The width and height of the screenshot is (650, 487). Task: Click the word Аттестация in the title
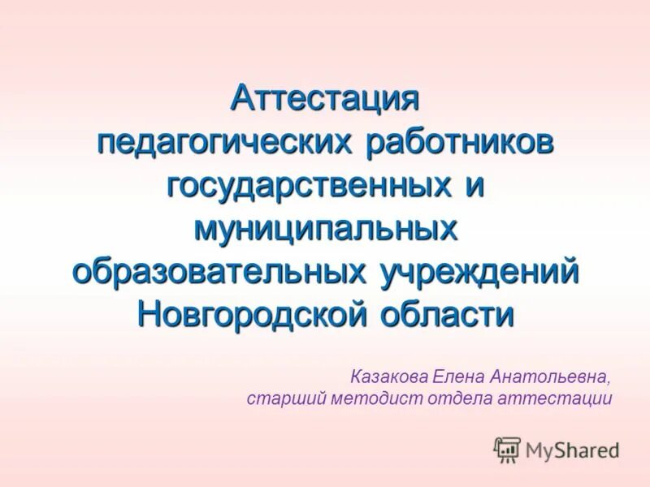(x=325, y=99)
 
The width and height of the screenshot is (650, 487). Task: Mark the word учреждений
(x=479, y=271)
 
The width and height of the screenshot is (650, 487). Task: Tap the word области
(x=453, y=314)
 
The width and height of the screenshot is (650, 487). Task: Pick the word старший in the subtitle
(x=281, y=399)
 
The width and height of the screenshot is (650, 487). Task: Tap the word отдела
(x=450, y=399)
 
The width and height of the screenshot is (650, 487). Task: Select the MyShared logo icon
(x=507, y=449)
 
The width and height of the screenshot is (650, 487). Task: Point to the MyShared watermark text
(x=572, y=449)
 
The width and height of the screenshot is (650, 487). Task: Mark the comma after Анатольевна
(x=609, y=381)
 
